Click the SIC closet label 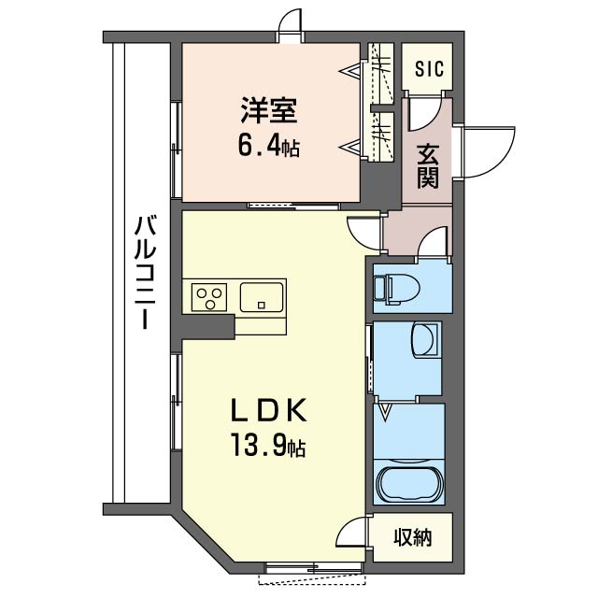pyautogui.click(x=429, y=69)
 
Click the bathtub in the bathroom pyautogui.click(x=409, y=485)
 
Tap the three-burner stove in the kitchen pyautogui.click(x=209, y=298)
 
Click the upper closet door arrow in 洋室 pyautogui.click(x=355, y=72)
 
